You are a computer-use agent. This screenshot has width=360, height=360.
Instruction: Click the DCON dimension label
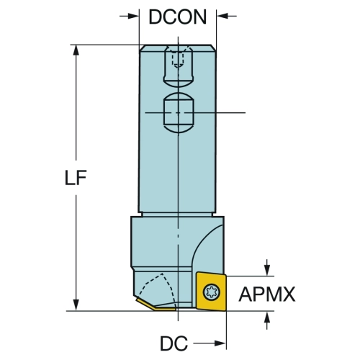(178, 17)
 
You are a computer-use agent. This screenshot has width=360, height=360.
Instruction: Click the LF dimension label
(76, 178)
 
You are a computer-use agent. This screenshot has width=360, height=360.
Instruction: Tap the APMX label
(267, 294)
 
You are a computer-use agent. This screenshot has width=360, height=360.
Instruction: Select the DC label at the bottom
(174, 343)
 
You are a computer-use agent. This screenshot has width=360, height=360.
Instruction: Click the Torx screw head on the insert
(212, 292)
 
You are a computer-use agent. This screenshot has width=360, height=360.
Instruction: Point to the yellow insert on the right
(211, 291)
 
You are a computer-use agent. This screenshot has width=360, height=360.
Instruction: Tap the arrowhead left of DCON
(133, 16)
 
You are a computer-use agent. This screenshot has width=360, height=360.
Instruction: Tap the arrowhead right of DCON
(222, 16)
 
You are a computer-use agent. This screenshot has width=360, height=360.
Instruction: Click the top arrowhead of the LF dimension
(76, 50)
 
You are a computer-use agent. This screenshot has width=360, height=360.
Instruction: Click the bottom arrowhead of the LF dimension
(76, 305)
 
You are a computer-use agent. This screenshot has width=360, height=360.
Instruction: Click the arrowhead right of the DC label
(220, 343)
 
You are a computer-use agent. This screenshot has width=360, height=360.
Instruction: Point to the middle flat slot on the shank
(179, 112)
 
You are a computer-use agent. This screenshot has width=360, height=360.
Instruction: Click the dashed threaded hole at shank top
(178, 59)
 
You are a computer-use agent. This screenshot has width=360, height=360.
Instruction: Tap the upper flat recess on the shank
(179, 66)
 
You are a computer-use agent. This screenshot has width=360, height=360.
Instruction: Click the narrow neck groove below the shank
(177, 215)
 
